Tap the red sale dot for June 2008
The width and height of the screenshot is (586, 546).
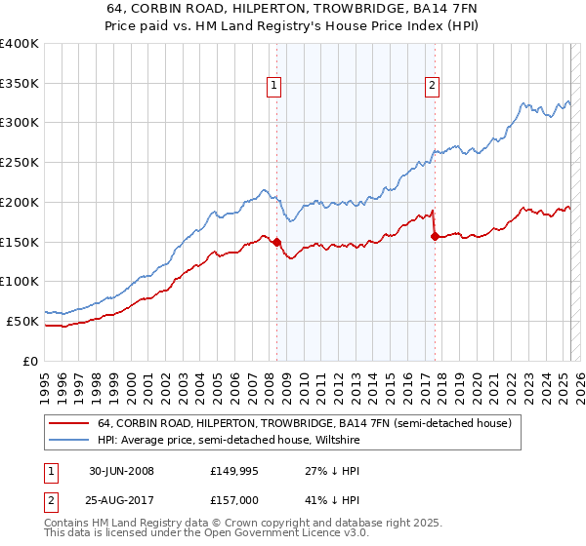[277, 242]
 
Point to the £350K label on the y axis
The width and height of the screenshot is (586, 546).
[20, 84]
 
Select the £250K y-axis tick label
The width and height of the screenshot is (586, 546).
[20, 163]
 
